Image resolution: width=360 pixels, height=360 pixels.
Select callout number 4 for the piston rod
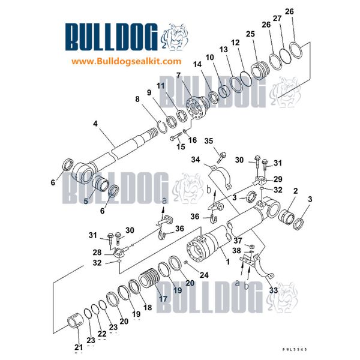coord(95,124)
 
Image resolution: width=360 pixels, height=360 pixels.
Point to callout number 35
coord(208,142)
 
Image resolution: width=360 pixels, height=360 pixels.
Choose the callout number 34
coord(195,159)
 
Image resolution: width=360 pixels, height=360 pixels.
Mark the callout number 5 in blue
coord(86,202)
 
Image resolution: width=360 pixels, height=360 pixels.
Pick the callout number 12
coord(235,43)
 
